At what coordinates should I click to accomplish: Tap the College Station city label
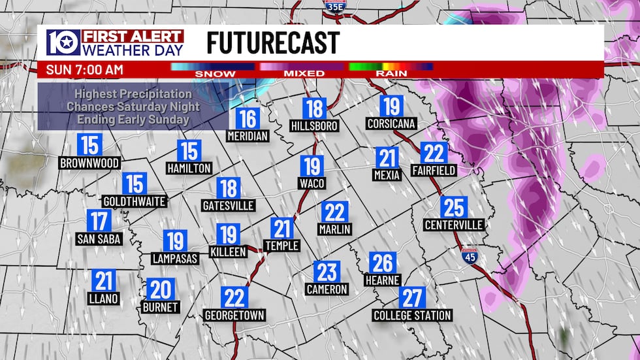tap(412, 316)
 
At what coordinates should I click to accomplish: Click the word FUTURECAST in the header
tap(273, 43)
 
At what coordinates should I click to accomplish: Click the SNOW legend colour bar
tap(212, 66)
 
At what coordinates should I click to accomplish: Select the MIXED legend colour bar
tap(302, 66)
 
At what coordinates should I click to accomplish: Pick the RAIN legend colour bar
tap(391, 66)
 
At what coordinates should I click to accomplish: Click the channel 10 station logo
tap(63, 43)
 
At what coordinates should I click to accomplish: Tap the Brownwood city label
tap(89, 163)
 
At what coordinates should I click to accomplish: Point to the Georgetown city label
tap(234, 316)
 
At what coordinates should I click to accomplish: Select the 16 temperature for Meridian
tap(248, 119)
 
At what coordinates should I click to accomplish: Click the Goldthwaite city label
tap(135, 201)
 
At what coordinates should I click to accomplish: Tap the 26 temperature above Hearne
tap(383, 263)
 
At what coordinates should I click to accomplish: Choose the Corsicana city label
tap(391, 123)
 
